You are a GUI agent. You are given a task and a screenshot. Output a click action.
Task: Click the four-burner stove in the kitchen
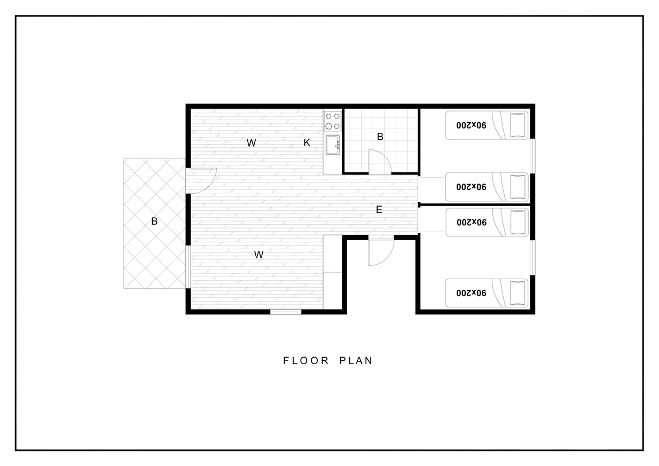pyautogui.click(x=333, y=121)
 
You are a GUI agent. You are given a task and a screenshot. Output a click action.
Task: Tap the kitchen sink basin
pyautogui.click(x=333, y=145)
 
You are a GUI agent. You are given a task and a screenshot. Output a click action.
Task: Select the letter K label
pyautogui.click(x=307, y=143)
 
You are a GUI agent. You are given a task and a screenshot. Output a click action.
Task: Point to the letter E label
pyautogui.click(x=379, y=210)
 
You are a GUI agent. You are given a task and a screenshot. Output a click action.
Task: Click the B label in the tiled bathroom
pyautogui.click(x=380, y=137)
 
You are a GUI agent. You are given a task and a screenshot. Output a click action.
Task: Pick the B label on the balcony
pyautogui.click(x=154, y=221)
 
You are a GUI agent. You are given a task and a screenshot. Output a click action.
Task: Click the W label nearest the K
pyautogui.click(x=251, y=143)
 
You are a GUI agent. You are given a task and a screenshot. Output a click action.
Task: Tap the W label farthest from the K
pyautogui.click(x=258, y=255)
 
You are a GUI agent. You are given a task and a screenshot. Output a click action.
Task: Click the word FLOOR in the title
pyautogui.click(x=306, y=361)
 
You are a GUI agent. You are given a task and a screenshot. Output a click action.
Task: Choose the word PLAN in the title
pyautogui.click(x=356, y=361)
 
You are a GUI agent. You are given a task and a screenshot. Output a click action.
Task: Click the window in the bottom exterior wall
pyautogui.click(x=286, y=312)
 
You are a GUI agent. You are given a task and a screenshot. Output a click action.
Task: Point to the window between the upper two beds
pyautogui.click(x=532, y=156)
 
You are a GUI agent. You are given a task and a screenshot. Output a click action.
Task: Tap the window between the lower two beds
pyautogui.click(x=532, y=257)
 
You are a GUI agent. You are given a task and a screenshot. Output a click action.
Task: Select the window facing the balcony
pyautogui.click(x=189, y=267)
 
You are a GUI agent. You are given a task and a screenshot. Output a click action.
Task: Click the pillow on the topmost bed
pyautogui.click(x=517, y=125)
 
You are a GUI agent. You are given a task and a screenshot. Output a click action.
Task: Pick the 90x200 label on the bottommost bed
pyautogui.click(x=472, y=293)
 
